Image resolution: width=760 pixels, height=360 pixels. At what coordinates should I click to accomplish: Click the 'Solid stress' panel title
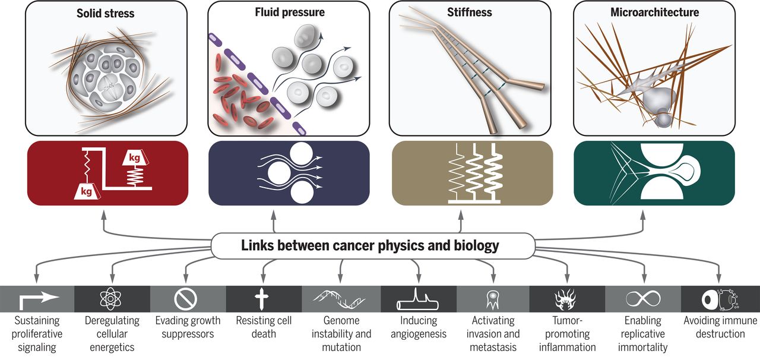pos(106,12)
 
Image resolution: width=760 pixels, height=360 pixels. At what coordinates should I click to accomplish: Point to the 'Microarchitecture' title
pos(654,12)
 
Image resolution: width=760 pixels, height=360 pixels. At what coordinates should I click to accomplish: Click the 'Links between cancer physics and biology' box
pos(370,245)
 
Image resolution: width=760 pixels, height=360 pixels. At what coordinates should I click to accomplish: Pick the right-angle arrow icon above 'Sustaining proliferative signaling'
pos(37,299)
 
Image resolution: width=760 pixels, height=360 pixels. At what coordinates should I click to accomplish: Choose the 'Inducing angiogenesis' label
pos(416,327)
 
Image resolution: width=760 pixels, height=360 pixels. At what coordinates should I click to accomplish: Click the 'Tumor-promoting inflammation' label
pos(567,334)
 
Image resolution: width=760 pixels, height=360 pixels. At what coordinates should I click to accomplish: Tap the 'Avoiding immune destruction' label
pos(720,327)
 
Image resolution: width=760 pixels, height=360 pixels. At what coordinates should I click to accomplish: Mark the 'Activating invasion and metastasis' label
pos(492,334)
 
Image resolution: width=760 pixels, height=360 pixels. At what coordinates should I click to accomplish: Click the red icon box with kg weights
pos(107,173)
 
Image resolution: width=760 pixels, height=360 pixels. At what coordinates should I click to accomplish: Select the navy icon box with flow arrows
pos(289,173)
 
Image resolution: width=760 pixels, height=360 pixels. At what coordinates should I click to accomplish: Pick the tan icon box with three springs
pos(472,173)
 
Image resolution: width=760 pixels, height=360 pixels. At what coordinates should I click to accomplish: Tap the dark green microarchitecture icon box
pos(654,173)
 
